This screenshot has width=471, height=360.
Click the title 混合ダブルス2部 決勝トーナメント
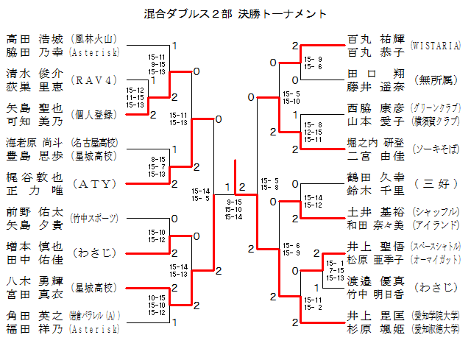(x=235, y=14)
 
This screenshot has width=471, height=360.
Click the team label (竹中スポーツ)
(x=93, y=218)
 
